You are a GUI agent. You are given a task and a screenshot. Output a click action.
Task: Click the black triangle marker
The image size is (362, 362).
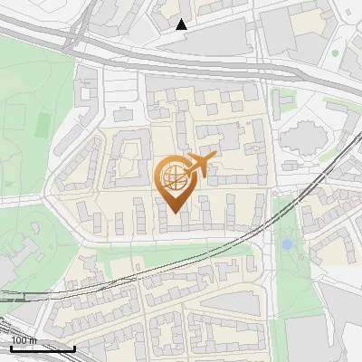coord(182,24)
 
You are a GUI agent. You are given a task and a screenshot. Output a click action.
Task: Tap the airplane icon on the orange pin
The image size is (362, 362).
coord(201,165)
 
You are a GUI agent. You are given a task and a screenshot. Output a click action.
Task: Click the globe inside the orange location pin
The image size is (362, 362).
coord(172,177)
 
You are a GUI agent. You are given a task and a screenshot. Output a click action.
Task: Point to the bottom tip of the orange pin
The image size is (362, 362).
coord(174,212)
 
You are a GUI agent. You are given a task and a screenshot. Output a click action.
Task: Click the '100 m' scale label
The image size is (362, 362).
coord(24,340)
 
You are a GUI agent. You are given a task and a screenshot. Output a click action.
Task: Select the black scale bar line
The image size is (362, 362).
coord(42,348)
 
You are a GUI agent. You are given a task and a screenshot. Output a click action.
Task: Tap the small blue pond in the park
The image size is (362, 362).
coord(287,244)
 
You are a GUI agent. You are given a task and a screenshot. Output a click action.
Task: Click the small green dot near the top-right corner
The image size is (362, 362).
coord(335,53)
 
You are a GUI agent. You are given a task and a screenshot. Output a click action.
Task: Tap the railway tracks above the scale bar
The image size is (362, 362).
coord(27,299)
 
